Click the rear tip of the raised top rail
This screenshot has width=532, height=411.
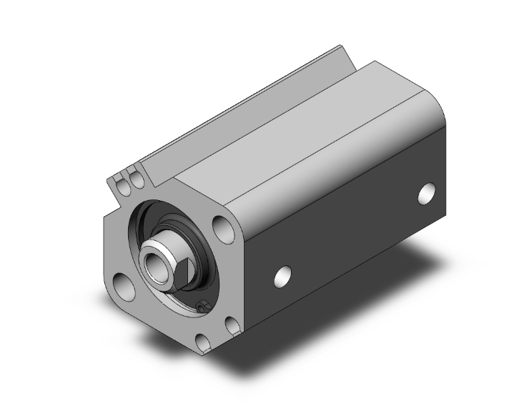point(340,49)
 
